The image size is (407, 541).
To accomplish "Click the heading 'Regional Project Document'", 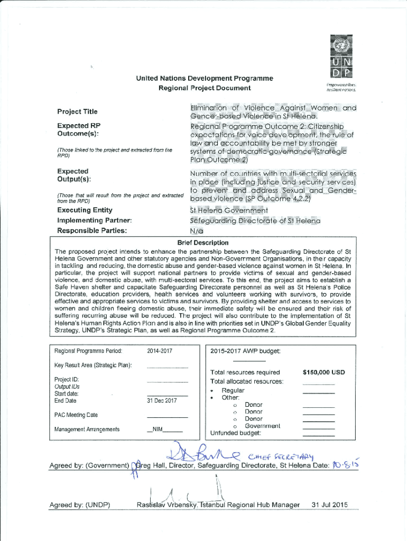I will point(205,88).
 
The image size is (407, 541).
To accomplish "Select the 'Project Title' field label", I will point(77,111).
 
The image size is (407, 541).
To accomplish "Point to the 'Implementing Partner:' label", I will point(94,220).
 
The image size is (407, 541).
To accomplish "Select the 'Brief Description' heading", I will point(203,242).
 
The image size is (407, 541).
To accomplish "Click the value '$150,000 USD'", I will point(323,372).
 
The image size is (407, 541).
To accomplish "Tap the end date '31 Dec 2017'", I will point(162,401).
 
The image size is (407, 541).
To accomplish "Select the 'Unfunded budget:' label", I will point(235,433).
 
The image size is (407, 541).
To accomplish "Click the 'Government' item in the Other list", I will point(262,425).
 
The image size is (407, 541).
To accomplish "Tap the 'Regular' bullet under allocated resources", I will point(233,390).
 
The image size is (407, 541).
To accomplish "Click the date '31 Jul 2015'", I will point(330,505).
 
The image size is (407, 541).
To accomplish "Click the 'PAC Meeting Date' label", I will point(76,415).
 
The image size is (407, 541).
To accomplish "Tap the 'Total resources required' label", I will point(245,372).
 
